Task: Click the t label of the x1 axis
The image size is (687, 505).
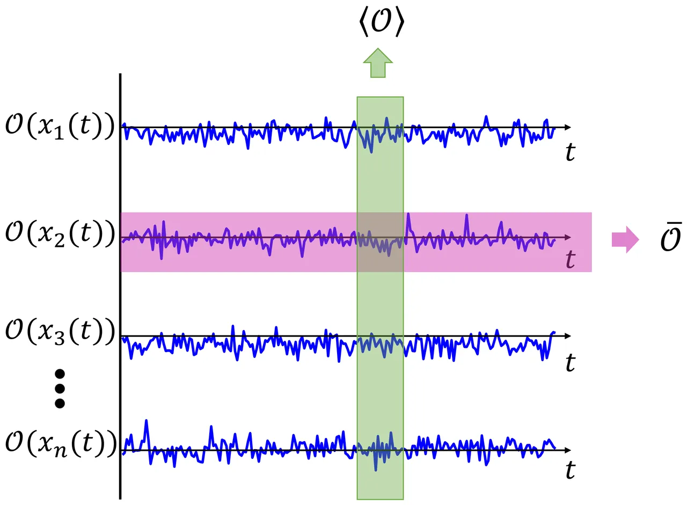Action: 570,153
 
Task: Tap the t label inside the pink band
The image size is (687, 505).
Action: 570,260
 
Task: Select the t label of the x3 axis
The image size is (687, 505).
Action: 570,363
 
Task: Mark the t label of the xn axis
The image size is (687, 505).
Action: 570,471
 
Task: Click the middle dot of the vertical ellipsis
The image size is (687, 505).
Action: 60,388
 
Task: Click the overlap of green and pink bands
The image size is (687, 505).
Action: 380,241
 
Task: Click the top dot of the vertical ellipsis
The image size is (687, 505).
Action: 60,374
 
